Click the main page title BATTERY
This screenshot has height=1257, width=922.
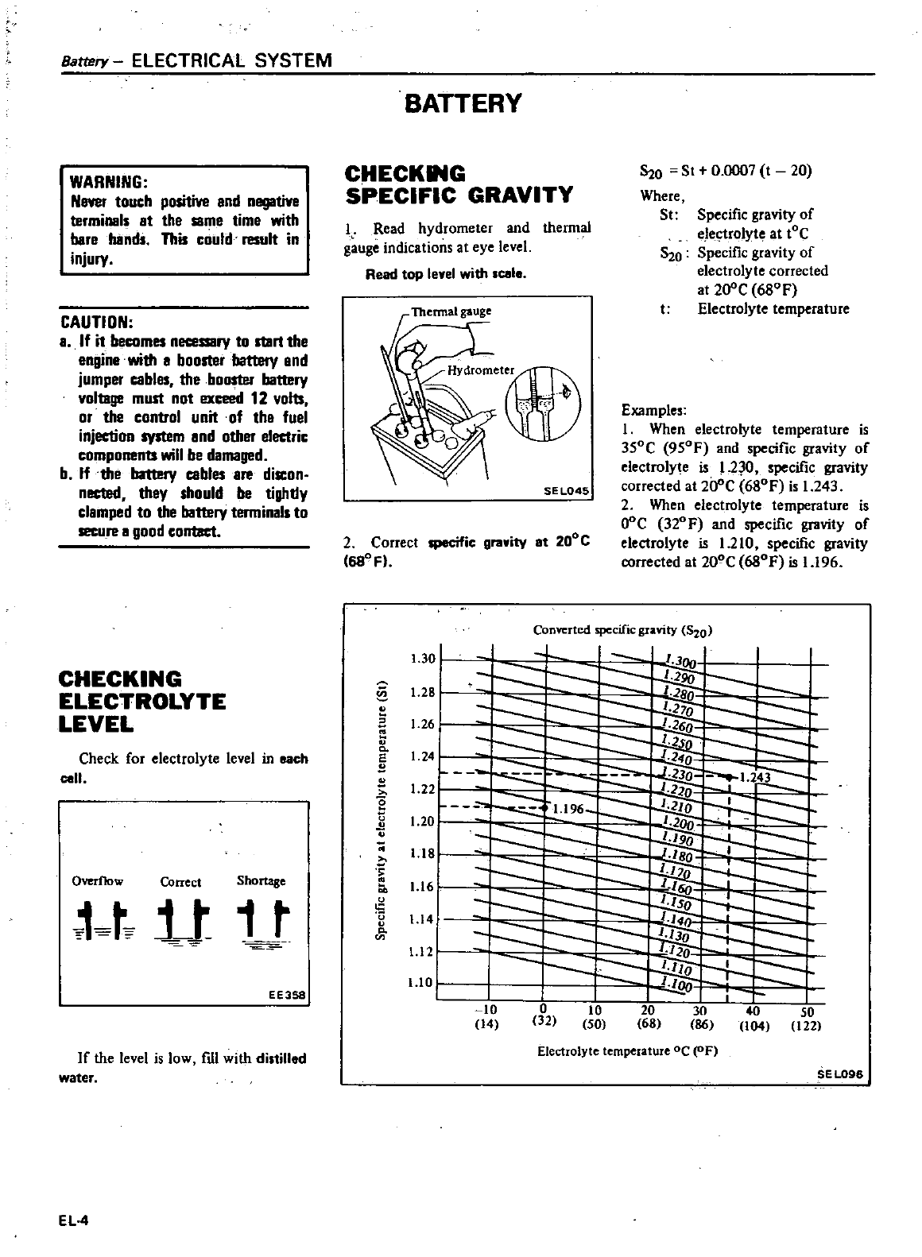[463, 103]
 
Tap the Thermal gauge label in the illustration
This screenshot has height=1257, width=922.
[451, 311]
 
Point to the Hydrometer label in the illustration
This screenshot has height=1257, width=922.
[481, 370]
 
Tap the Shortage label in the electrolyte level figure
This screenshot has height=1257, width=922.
[261, 880]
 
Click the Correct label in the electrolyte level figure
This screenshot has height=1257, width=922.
[180, 882]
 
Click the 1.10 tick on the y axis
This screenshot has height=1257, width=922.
[420, 983]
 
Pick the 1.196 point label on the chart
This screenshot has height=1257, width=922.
[568, 809]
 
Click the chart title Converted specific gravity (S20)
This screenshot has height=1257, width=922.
[623, 631]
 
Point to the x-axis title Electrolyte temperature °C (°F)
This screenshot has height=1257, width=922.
[628, 1051]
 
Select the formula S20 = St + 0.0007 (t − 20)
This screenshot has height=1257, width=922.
[726, 172]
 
